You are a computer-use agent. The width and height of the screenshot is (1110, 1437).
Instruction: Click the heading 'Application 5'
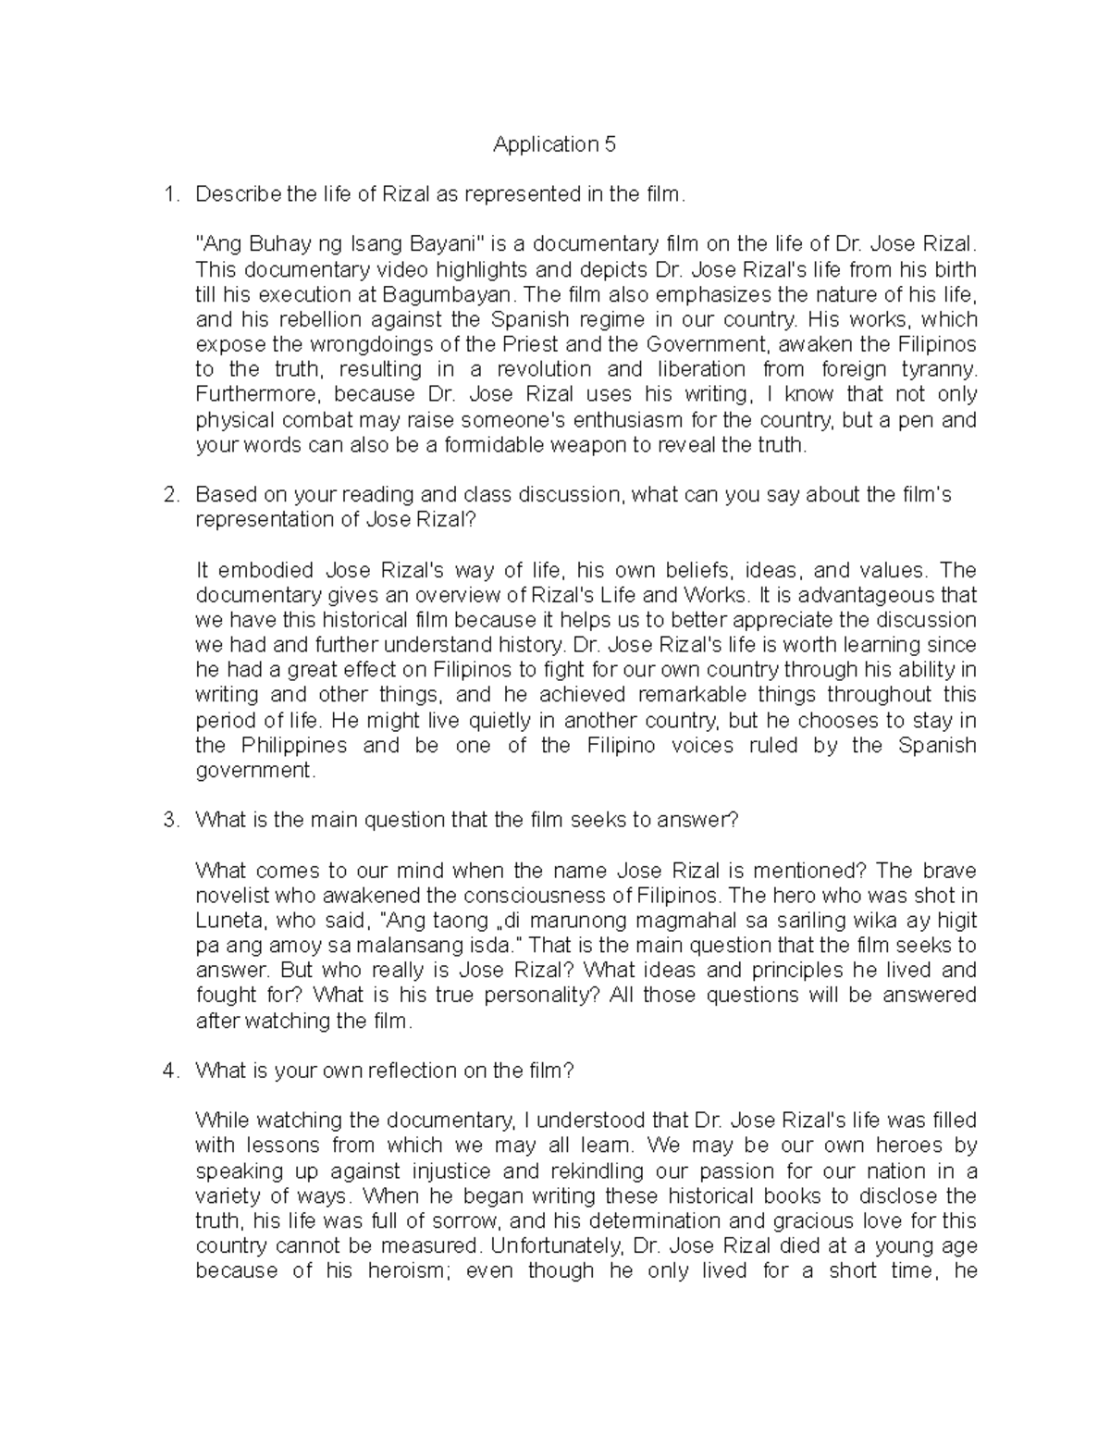(x=554, y=144)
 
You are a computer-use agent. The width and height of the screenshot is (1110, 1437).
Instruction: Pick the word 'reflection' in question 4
(x=412, y=1071)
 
